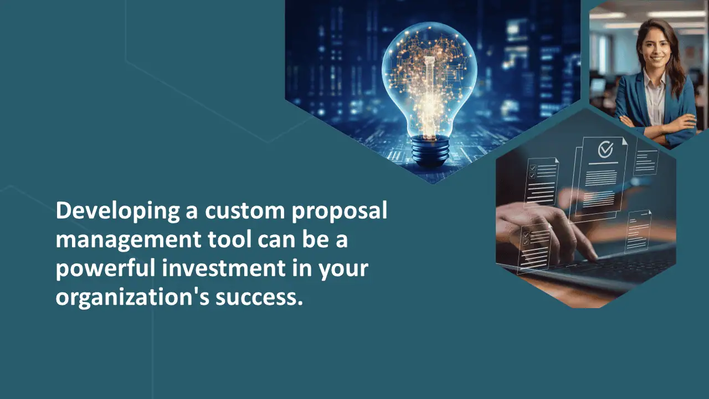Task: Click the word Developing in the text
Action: (118, 211)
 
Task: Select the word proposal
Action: (339, 211)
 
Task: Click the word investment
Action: (224, 268)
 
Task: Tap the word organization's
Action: (132, 298)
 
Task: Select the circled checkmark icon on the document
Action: (605, 149)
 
